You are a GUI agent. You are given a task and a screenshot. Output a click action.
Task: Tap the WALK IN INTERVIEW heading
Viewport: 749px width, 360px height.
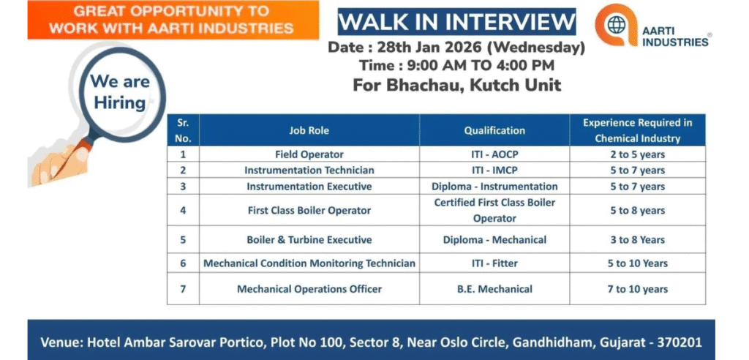pos(456,21)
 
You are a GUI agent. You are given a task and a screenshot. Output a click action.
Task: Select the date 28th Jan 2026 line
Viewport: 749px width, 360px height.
pos(457,48)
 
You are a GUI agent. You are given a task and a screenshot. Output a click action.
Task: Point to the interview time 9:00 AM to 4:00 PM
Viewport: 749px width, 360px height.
pos(456,66)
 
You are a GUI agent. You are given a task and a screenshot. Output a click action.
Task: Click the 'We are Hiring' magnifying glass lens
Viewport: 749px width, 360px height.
pos(119,92)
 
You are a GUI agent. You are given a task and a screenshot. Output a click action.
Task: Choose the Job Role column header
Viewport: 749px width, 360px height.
pos(309,130)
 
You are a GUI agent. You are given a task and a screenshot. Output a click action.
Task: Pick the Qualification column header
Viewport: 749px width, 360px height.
pos(494,130)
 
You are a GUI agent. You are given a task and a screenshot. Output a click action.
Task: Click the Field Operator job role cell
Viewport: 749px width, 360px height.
pos(309,154)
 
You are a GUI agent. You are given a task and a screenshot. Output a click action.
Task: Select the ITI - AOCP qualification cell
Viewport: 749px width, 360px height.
pos(494,154)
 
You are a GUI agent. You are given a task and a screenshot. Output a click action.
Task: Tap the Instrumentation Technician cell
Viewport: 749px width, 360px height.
pos(309,170)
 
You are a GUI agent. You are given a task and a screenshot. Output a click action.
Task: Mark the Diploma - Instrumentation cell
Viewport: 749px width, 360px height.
pos(494,186)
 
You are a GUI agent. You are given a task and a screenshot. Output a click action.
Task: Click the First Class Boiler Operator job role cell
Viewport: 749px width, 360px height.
pos(309,210)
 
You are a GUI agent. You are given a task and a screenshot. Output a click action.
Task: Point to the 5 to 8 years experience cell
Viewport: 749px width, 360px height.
pos(637,210)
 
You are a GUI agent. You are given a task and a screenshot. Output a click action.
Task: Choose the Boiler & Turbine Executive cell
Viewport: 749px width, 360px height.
pos(309,239)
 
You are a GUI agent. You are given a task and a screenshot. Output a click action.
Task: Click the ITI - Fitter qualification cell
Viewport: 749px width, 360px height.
pos(494,263)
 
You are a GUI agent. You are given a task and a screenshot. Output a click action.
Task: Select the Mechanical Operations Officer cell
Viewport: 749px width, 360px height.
pos(309,289)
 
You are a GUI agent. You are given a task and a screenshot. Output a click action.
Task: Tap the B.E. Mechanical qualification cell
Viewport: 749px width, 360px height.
pos(494,289)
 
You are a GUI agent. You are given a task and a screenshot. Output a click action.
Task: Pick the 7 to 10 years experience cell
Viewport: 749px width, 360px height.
pos(637,289)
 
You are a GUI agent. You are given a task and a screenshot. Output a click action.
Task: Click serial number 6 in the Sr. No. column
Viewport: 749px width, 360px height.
pos(183,263)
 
